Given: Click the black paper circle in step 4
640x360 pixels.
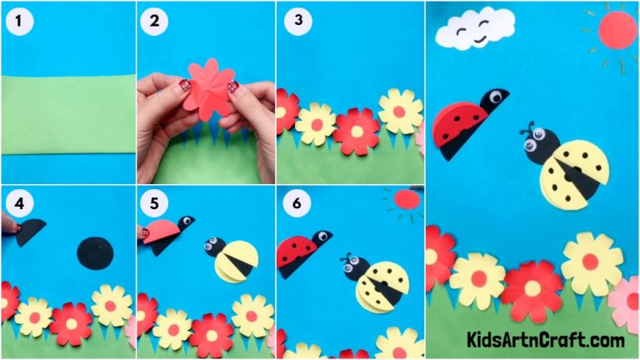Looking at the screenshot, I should click(x=93, y=250).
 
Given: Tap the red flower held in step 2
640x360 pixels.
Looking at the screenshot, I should click(x=205, y=87).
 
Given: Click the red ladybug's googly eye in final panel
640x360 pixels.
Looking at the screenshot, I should click(x=496, y=97).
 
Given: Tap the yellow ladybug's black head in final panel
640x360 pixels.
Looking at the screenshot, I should click(x=535, y=148).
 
